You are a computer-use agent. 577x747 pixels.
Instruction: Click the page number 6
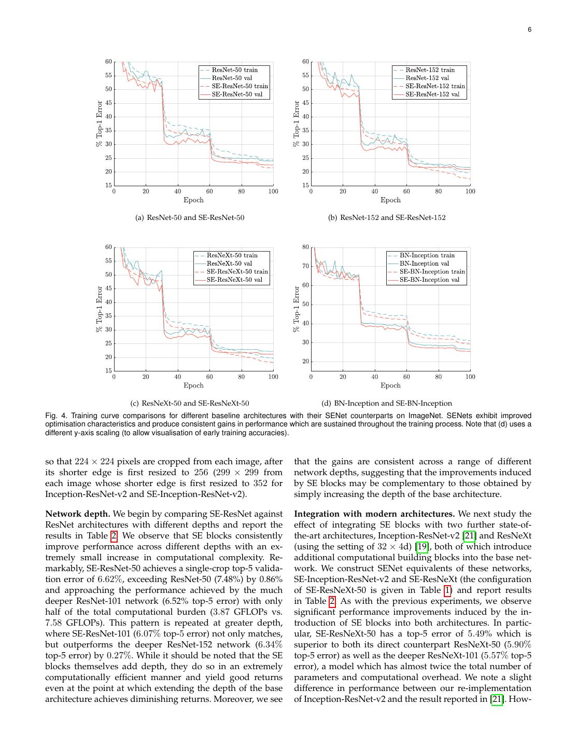[529, 30]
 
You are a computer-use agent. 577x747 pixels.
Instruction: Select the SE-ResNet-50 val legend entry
[237, 94]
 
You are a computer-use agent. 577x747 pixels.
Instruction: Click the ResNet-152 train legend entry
[430, 70]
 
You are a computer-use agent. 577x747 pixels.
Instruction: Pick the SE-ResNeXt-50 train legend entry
[237, 271]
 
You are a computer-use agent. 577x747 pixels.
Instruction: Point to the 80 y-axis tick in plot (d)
[305, 247]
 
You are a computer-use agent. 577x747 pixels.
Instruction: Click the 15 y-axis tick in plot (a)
[108, 185]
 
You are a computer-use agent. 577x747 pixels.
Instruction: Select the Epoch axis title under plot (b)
[390, 200]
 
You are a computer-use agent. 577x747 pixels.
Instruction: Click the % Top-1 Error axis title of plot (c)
[100, 309]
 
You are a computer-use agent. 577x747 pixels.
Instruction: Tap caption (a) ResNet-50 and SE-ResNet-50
[189, 217]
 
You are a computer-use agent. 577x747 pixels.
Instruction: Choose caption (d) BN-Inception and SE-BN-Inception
[386, 403]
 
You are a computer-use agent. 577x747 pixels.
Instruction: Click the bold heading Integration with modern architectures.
[374, 514]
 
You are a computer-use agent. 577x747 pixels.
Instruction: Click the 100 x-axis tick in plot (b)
[470, 191]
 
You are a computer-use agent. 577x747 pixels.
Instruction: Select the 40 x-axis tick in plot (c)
[178, 377]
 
